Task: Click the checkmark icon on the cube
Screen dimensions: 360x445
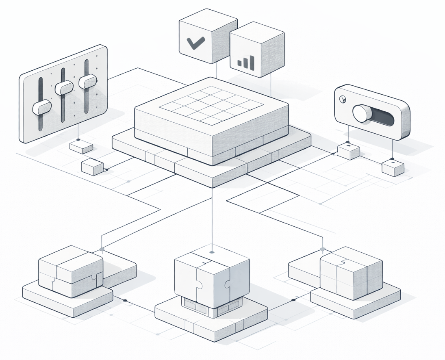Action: [195, 42]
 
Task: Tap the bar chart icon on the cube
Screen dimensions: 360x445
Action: [246, 62]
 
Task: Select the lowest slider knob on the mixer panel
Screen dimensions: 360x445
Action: [41, 107]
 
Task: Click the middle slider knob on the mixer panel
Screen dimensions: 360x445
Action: [64, 87]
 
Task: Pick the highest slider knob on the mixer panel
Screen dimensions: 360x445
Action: [87, 81]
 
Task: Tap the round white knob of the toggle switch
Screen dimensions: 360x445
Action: [361, 113]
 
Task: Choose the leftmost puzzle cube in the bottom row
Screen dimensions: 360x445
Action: [71, 271]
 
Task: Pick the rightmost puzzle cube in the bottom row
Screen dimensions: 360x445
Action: [351, 273]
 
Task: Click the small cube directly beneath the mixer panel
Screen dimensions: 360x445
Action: [81, 147]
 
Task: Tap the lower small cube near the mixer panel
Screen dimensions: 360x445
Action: [93, 167]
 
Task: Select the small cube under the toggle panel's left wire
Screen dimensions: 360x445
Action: [348, 151]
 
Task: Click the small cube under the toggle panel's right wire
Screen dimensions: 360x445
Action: [393, 167]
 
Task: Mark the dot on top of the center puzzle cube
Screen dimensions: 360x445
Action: [211, 252]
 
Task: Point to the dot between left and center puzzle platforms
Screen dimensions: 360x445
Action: [125, 301]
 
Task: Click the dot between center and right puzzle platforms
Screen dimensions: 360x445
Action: [293, 300]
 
